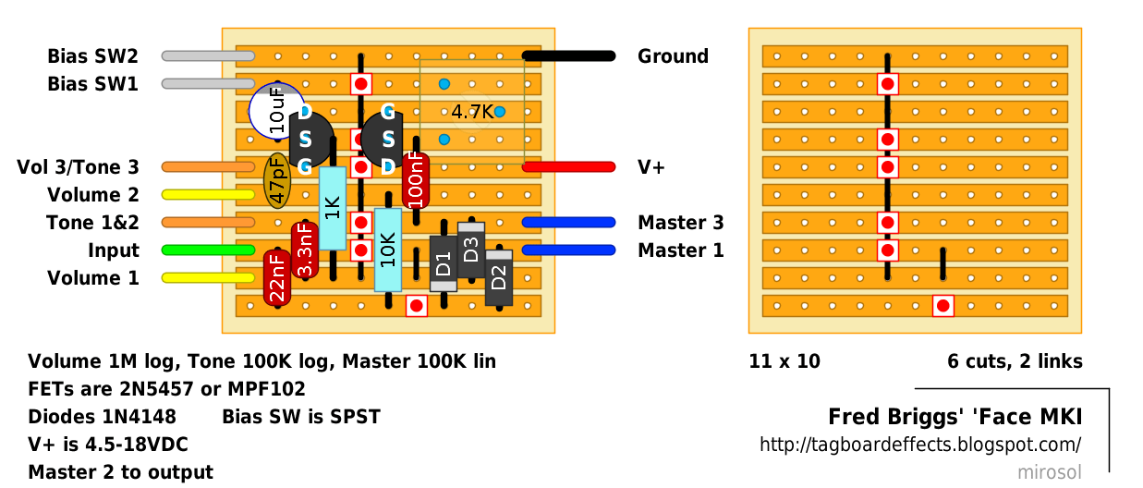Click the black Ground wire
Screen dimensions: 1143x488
568,56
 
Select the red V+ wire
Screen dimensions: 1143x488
568,167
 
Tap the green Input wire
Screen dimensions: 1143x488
208,250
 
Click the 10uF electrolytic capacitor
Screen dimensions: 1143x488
276,110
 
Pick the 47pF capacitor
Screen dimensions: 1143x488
277,181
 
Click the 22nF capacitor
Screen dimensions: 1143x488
277,278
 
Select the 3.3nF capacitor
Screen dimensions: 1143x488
305,250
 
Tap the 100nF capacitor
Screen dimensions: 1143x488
416,181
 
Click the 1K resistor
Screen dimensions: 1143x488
333,208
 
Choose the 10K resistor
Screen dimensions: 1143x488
388,250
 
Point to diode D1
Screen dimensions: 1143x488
444,264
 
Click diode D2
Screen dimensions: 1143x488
499,277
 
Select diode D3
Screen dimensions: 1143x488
471,250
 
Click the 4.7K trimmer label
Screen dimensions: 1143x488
472,112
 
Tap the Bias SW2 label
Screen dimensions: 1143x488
93,56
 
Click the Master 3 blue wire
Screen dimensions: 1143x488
568,223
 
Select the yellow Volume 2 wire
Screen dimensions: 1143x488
208,194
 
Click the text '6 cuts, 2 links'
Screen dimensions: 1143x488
1015,361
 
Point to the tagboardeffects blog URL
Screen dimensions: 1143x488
920,445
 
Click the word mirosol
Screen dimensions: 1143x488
1050,472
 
